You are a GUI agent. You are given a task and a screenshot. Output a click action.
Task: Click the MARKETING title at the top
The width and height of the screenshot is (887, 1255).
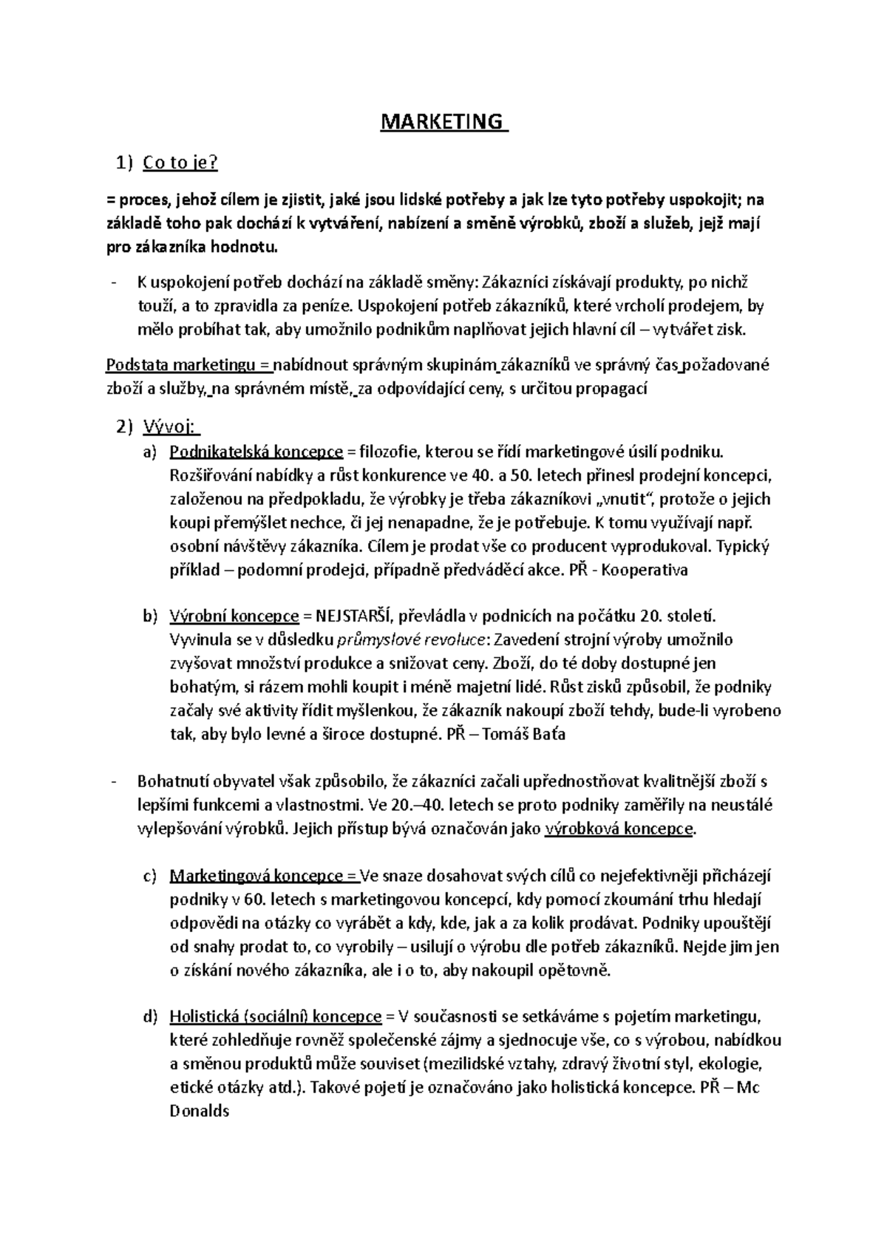tap(443, 121)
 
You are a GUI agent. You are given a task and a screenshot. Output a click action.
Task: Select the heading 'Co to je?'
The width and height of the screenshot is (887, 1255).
tap(180, 163)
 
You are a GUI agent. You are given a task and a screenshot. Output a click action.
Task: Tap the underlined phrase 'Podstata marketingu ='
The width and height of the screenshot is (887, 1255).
tap(189, 365)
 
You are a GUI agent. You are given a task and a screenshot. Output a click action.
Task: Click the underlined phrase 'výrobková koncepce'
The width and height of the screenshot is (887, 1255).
tap(619, 829)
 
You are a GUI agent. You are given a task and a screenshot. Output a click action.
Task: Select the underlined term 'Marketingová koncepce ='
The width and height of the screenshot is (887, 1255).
tap(263, 876)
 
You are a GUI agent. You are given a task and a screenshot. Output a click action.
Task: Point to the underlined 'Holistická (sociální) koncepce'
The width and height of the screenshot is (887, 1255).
tap(276, 1017)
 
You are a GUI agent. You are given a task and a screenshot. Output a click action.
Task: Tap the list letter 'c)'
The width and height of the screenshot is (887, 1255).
tap(150, 876)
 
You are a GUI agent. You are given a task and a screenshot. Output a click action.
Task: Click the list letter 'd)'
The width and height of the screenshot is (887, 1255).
tap(150, 1017)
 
